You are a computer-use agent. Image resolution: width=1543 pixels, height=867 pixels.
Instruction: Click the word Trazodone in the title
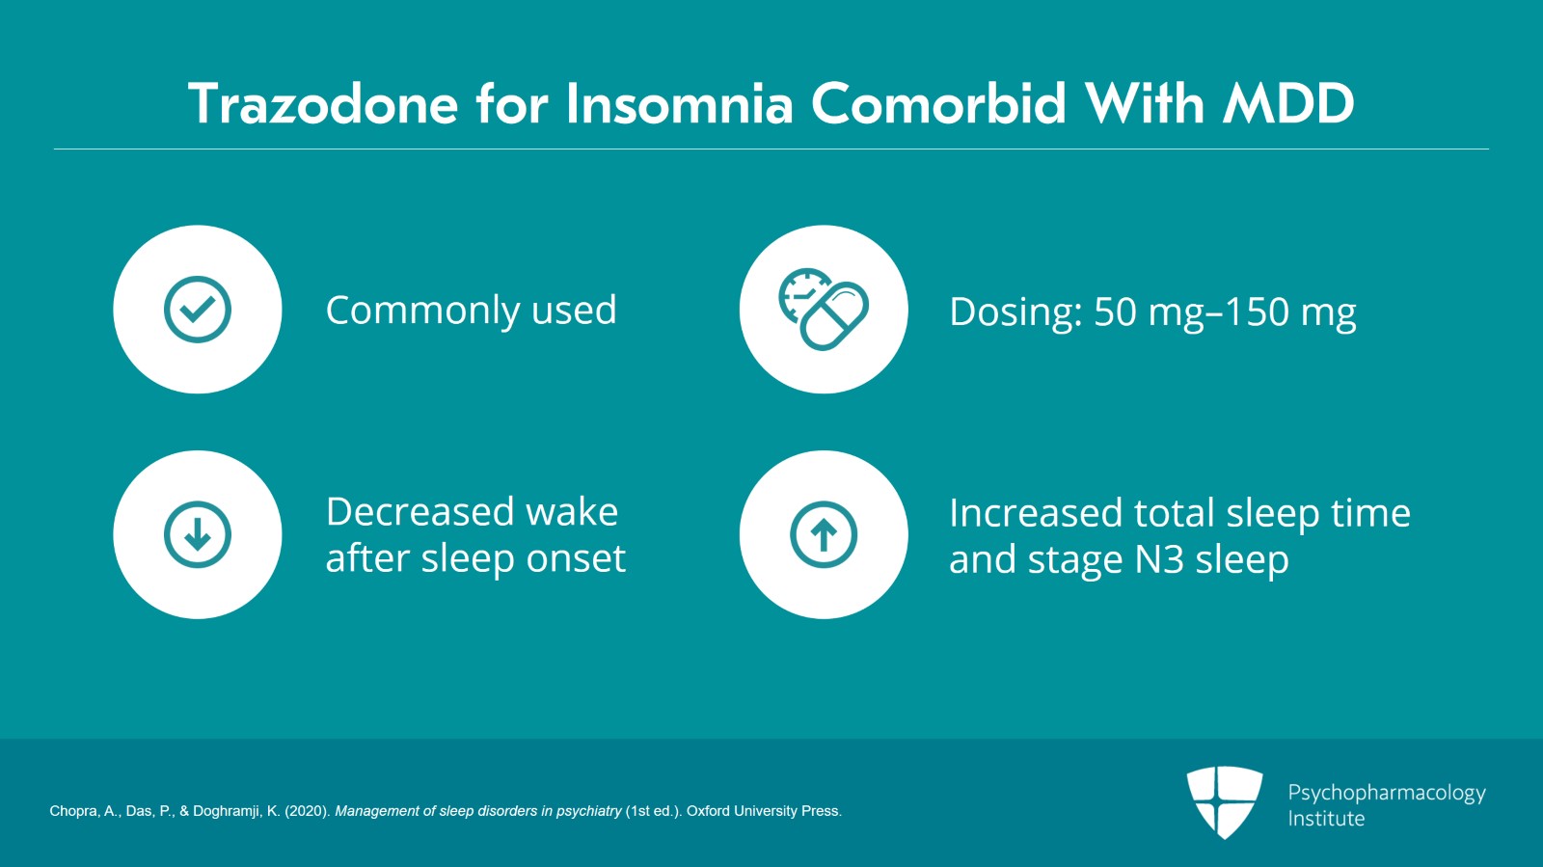(323, 104)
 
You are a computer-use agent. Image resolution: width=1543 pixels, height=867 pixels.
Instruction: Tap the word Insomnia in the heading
(679, 104)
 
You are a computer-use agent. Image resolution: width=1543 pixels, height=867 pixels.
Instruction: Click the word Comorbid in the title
(938, 104)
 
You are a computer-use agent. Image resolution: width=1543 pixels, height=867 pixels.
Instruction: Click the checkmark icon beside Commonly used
(198, 310)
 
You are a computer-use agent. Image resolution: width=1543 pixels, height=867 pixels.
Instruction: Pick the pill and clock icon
(824, 310)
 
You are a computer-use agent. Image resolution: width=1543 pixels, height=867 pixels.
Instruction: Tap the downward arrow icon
(198, 534)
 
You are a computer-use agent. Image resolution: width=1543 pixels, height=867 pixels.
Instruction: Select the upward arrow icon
(824, 534)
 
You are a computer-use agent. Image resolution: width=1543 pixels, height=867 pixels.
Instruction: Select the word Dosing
(1014, 312)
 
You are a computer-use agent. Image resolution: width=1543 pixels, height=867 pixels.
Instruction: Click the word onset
(578, 558)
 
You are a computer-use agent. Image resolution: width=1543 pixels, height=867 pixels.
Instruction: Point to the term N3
(1159, 559)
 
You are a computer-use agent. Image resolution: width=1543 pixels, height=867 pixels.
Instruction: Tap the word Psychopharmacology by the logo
(1387, 793)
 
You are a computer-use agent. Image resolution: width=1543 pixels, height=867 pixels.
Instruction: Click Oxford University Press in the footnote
(763, 811)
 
